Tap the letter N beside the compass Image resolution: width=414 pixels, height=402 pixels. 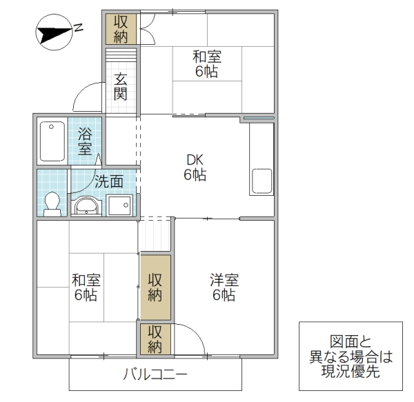coord(79,28)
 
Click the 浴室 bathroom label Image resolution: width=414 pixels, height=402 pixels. coord(85,140)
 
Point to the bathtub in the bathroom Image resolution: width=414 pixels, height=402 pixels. coord(50,141)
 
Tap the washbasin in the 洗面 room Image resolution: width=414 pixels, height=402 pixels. coord(87,205)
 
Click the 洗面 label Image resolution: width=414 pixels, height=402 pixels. coord(109,182)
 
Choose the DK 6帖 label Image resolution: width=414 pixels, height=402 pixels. coord(195,168)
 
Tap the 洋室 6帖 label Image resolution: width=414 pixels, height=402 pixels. coord(224,288)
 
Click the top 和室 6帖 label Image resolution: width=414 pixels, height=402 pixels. coord(206,64)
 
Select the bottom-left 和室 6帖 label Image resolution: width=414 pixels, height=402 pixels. coord(86,288)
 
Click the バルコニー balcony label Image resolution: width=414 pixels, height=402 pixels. coord(155,376)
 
